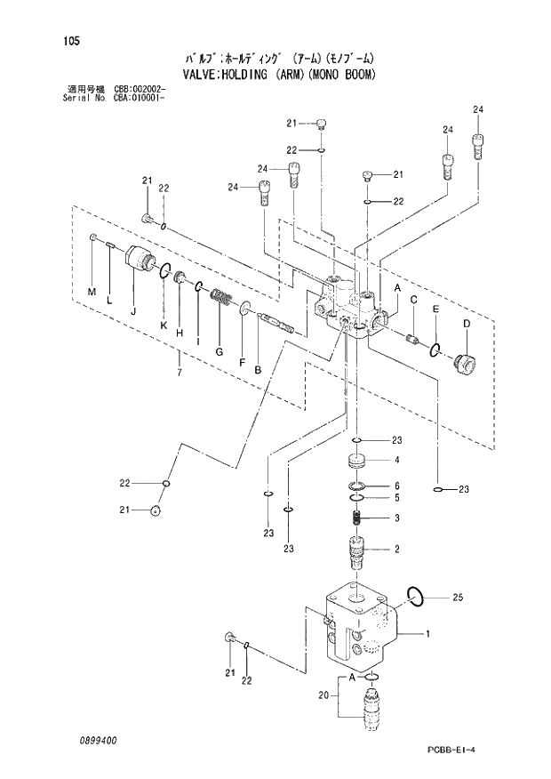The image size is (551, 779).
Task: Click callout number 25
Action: (x=458, y=597)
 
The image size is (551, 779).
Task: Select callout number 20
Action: (x=323, y=695)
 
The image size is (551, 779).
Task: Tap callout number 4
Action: (x=397, y=460)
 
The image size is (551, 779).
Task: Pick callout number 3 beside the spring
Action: (x=397, y=518)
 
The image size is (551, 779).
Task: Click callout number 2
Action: (x=397, y=549)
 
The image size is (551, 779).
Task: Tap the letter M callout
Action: (x=91, y=293)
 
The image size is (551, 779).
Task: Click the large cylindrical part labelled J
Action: (x=140, y=261)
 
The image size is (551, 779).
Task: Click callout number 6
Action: (x=397, y=486)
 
